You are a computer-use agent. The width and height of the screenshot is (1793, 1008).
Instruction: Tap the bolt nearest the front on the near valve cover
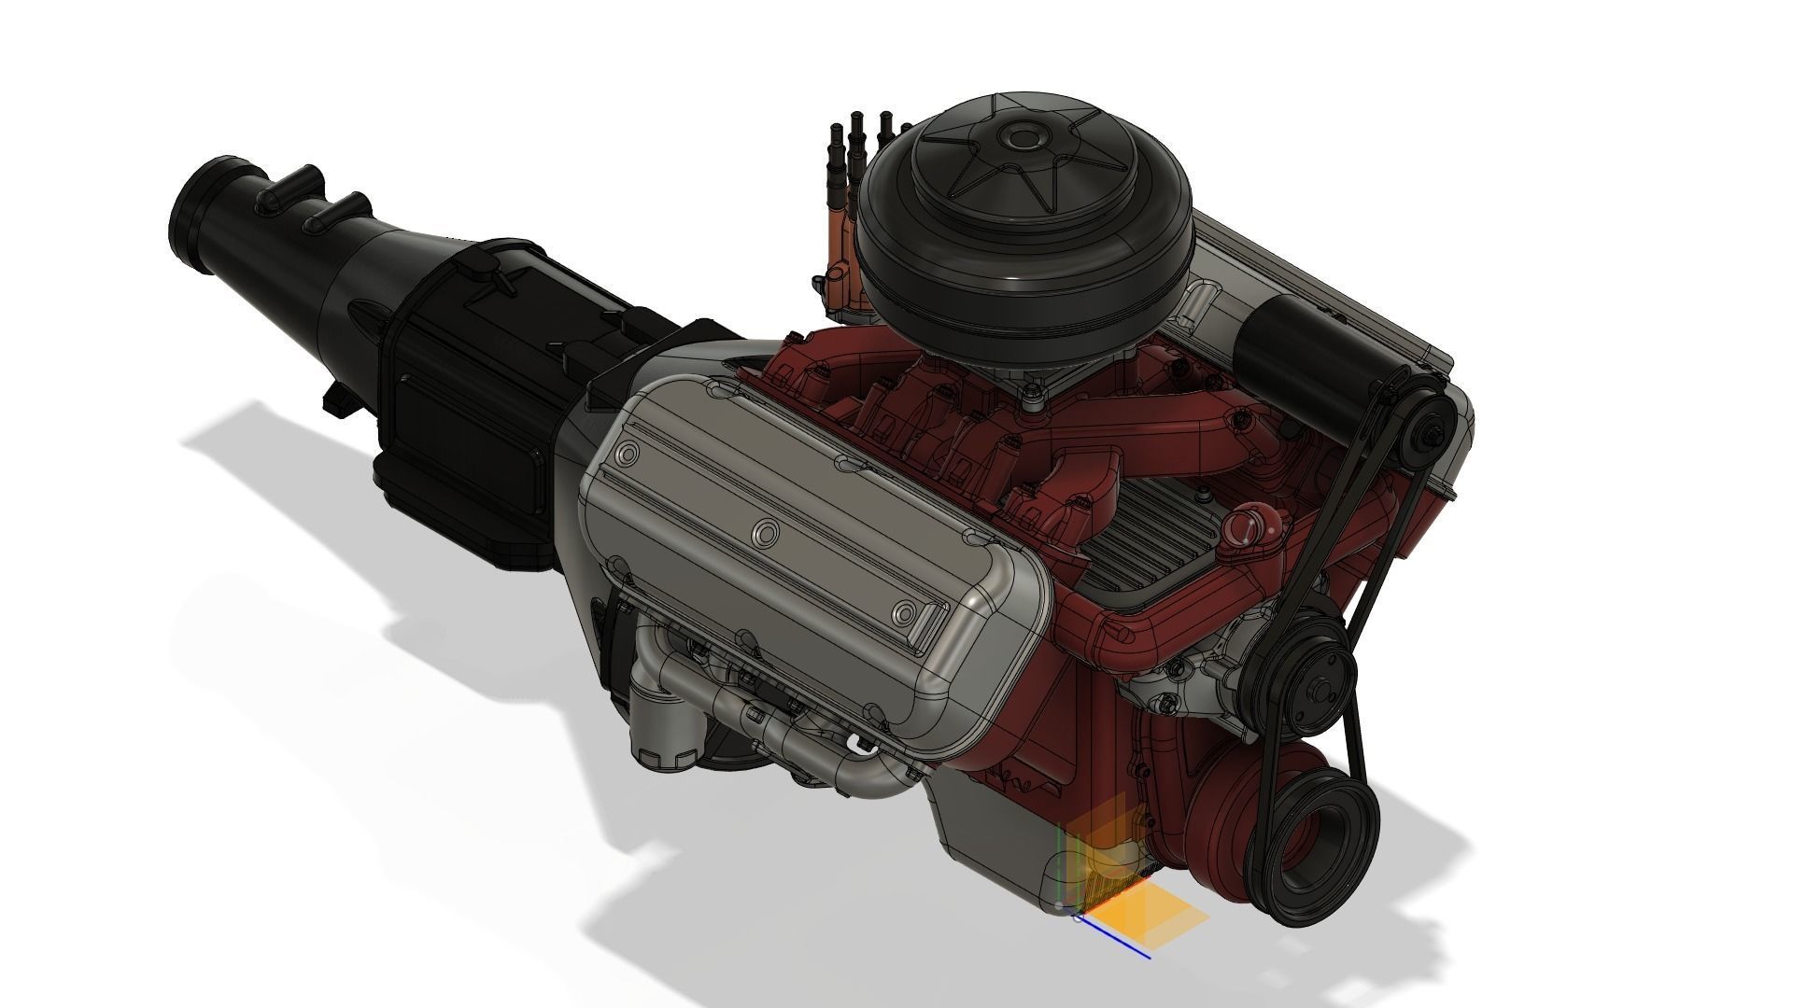pos(904,611)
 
